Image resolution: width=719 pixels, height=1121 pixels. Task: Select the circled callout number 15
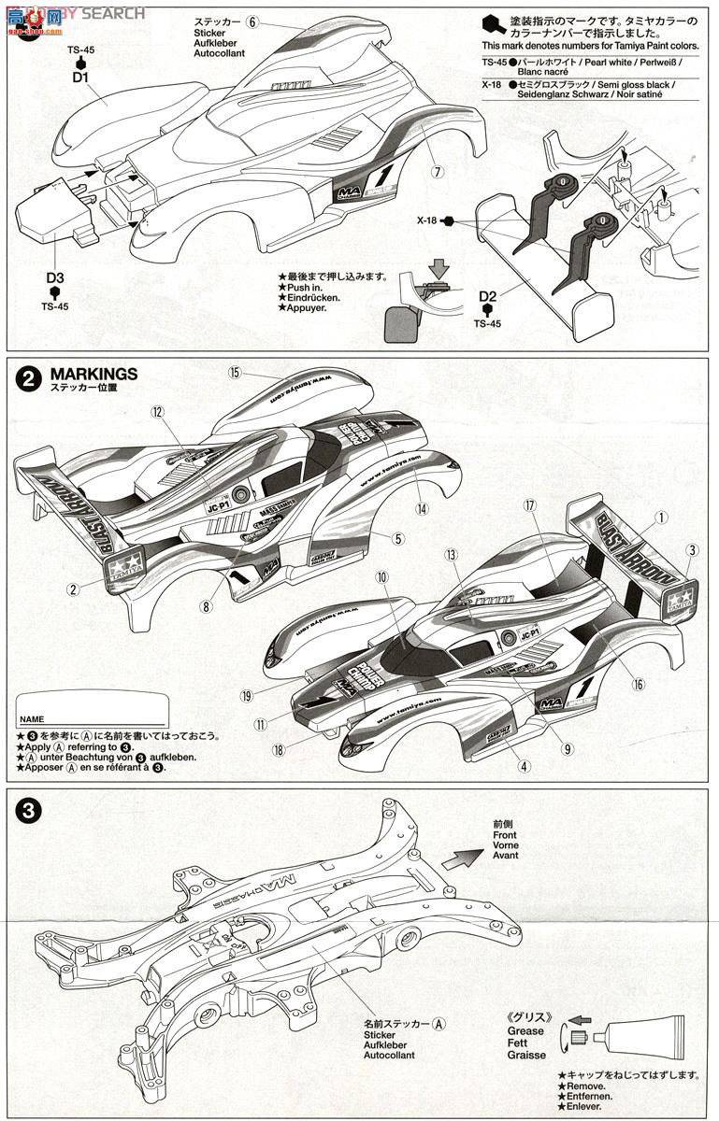234,373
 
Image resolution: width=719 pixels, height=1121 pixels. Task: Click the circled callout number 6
253,21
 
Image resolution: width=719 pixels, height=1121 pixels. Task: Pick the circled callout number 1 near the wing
661,516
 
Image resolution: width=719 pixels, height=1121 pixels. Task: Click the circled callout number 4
524,766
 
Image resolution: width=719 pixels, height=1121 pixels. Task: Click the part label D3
54,278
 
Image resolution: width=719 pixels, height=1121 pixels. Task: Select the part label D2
487,298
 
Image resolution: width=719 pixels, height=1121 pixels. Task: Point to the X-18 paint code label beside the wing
428,221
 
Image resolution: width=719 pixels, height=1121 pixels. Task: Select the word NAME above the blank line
32,720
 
